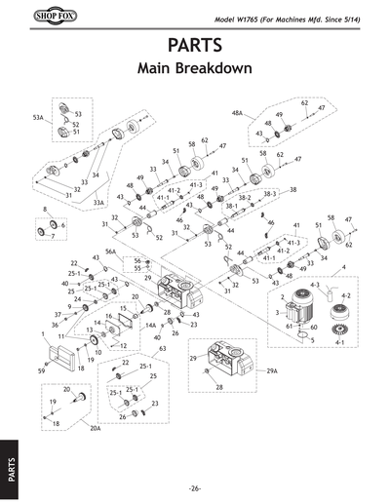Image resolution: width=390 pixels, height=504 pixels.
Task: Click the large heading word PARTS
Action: coord(195,47)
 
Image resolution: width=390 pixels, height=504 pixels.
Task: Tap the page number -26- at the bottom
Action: coord(195,487)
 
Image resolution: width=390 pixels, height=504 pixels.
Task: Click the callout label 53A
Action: coord(38,116)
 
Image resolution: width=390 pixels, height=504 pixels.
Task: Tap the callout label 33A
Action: coord(99,203)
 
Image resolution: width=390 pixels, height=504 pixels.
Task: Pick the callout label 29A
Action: coord(272,371)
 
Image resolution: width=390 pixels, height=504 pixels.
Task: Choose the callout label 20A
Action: coord(95,428)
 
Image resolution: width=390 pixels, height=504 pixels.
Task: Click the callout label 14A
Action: coord(150,325)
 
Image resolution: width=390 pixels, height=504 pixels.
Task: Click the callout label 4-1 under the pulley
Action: coord(340,344)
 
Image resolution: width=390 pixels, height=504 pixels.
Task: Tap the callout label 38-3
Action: coord(270,195)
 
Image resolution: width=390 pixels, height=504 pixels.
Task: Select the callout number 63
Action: coord(162,347)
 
